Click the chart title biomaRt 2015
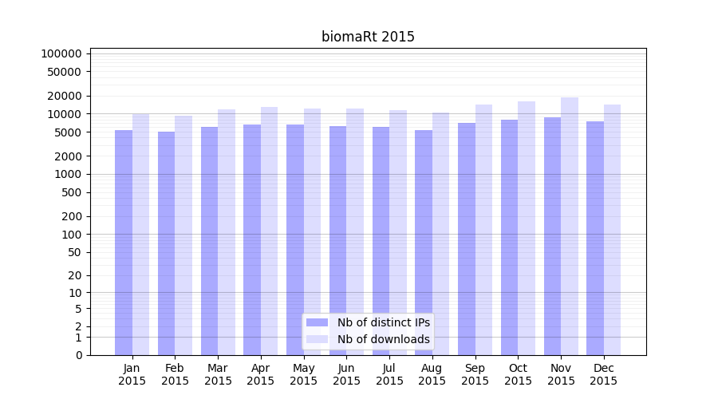coord(368,37)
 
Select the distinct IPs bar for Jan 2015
coord(124,239)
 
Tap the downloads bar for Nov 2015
coord(570,223)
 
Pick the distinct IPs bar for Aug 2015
coord(424,239)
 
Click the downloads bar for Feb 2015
coord(183,231)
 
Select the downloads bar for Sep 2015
coord(483,227)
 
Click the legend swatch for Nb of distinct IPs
coord(318,322)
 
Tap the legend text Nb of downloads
coord(384,339)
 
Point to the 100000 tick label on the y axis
coord(61,53)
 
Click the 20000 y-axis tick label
coord(65,96)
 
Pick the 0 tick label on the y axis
coord(78,355)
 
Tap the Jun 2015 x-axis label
coord(346,374)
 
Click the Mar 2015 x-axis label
coord(218,374)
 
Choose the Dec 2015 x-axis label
coord(604,374)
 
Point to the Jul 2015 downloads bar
coord(398,231)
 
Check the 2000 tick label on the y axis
coord(68,156)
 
